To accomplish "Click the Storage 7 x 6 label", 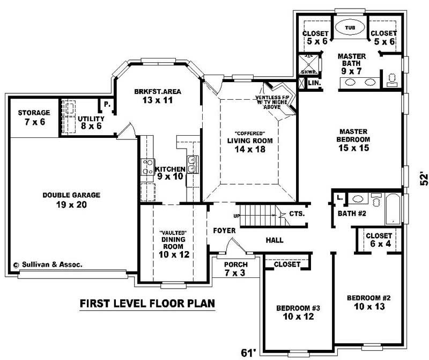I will (34, 117).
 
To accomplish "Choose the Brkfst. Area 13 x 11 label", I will (158, 95).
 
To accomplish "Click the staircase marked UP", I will (260, 217).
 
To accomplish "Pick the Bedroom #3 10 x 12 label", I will (298, 312).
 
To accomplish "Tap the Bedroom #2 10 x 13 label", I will (368, 303).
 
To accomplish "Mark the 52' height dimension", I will (423, 179).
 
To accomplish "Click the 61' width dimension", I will (248, 352).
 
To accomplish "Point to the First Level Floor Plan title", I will (147, 304).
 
